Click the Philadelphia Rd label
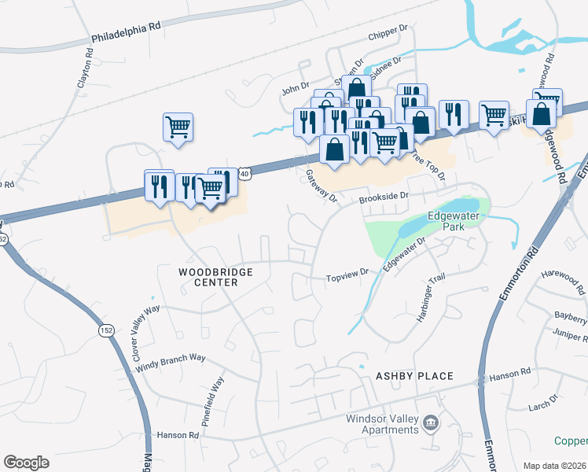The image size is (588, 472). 126,31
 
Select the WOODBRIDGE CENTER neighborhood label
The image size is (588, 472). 208,276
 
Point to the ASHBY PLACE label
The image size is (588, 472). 414,376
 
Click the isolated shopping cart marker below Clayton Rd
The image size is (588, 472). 178,126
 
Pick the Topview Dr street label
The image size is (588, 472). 347,278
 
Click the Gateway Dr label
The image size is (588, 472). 320,186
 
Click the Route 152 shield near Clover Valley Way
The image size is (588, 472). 105,330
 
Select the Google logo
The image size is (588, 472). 26,463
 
